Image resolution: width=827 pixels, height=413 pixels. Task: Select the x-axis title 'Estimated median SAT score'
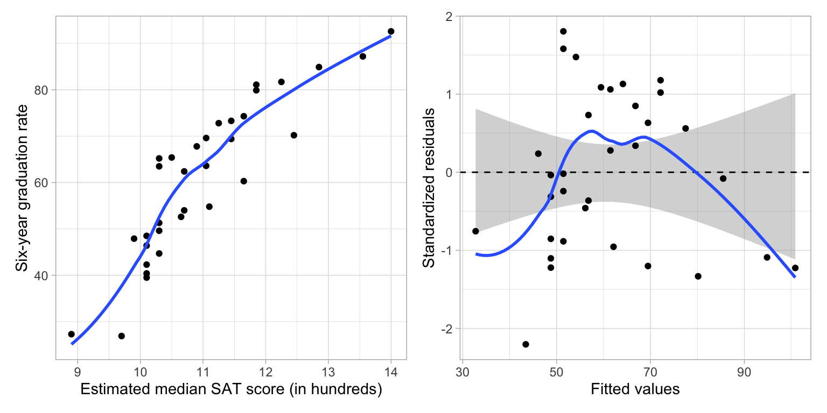pyautogui.click(x=231, y=390)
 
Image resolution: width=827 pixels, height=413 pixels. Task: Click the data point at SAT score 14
pyautogui.click(x=391, y=31)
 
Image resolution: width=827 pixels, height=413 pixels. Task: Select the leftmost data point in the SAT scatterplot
pyautogui.click(x=71, y=334)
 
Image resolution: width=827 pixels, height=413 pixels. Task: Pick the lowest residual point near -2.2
pyautogui.click(x=525, y=344)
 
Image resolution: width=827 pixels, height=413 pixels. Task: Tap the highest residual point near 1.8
pyautogui.click(x=563, y=31)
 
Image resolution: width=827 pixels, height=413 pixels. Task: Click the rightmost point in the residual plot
pyautogui.click(x=795, y=268)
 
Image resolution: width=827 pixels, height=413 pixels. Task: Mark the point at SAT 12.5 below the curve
pyautogui.click(x=293, y=135)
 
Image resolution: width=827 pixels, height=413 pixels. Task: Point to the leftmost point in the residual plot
pyautogui.click(x=475, y=231)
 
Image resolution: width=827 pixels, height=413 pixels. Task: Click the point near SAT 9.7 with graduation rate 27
pyautogui.click(x=121, y=336)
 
